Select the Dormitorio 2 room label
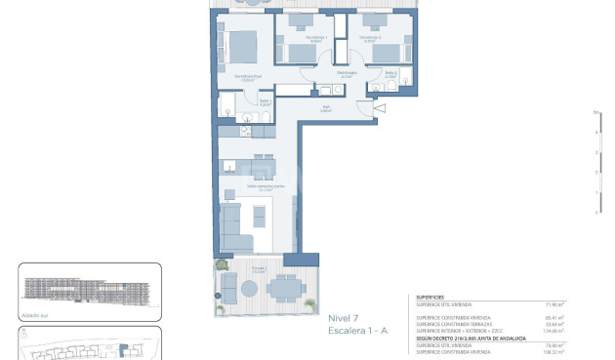point(370,40)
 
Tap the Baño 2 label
point(390,73)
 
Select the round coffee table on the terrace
point(250,289)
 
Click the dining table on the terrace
point(284,287)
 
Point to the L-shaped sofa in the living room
point(232,229)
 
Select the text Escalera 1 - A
point(357,332)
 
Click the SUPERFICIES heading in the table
point(431,298)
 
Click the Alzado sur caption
point(33,315)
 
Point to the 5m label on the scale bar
point(595,114)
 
